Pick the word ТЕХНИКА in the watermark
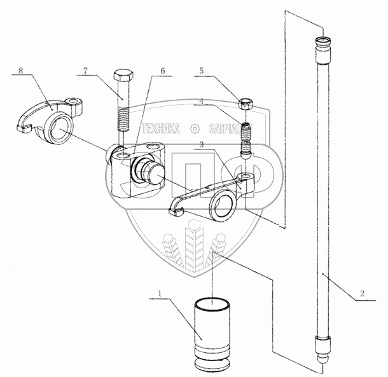click(x=161, y=128)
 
